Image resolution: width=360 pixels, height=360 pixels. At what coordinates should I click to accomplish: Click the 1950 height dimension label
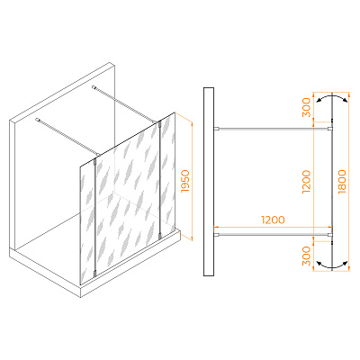186,181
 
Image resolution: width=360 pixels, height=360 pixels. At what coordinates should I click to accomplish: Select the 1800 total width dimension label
342,182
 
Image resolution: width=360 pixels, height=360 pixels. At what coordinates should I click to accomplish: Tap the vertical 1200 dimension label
306,182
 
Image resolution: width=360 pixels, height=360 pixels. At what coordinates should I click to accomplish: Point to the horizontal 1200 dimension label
273,220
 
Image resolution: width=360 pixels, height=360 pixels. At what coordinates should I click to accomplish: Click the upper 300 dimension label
306,107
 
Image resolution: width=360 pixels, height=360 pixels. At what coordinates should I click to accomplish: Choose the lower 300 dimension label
306,256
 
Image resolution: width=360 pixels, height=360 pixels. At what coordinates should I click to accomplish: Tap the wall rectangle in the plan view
209,182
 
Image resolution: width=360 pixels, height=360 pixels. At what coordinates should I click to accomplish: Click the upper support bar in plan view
274,129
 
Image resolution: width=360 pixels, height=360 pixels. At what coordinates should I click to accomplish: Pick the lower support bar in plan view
274,234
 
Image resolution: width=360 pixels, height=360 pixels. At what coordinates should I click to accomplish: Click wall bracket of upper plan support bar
217,129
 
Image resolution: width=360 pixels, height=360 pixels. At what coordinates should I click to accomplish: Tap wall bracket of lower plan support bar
217,234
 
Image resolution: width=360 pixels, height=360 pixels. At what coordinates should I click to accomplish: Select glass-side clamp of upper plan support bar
330,129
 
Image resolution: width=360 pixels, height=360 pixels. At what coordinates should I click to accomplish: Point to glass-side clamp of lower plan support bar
330,234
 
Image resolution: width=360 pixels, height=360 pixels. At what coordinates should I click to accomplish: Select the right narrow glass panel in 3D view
168,174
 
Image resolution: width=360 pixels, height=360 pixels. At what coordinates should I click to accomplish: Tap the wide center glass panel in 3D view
128,198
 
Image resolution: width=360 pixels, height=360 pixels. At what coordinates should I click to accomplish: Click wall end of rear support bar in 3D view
94,87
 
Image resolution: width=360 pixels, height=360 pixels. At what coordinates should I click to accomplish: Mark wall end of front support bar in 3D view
38,120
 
